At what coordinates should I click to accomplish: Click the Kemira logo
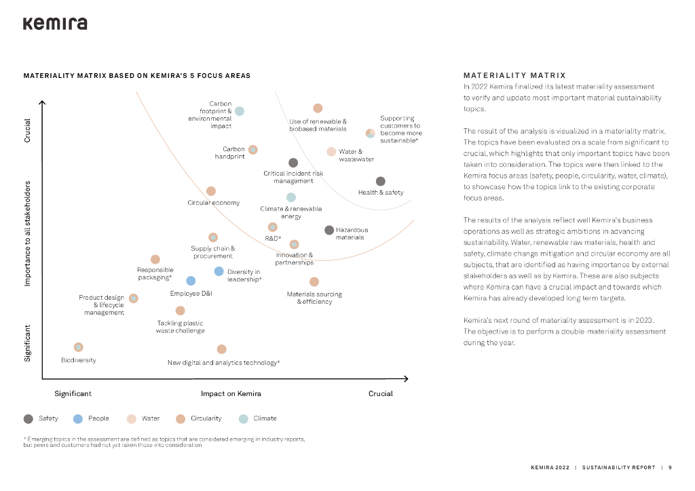coord(55,24)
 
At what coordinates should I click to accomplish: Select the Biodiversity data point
coord(79,347)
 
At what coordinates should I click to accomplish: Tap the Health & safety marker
coord(381,181)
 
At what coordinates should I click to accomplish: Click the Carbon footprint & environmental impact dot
coord(240,111)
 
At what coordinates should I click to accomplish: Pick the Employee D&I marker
coord(191,281)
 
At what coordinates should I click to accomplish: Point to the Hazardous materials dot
coord(329,231)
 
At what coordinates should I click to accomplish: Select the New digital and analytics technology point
coord(221,349)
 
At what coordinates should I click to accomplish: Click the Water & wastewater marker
coord(331,152)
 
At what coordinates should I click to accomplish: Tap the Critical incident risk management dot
coord(293,163)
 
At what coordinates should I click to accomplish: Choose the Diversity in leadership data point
coord(219,271)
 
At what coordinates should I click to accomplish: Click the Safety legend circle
coord(29,418)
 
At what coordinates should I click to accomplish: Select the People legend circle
coord(78,418)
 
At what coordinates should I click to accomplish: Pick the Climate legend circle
coord(244,418)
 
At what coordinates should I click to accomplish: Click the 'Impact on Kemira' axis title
coord(231,394)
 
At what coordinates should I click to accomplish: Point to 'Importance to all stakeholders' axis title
coord(29,233)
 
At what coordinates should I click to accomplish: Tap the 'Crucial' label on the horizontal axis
coord(380,394)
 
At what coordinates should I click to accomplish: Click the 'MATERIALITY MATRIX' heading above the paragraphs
coord(514,75)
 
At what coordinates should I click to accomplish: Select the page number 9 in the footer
coord(670,467)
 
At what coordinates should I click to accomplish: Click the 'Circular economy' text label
coord(213,203)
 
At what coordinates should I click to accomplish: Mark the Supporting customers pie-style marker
coord(371,134)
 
